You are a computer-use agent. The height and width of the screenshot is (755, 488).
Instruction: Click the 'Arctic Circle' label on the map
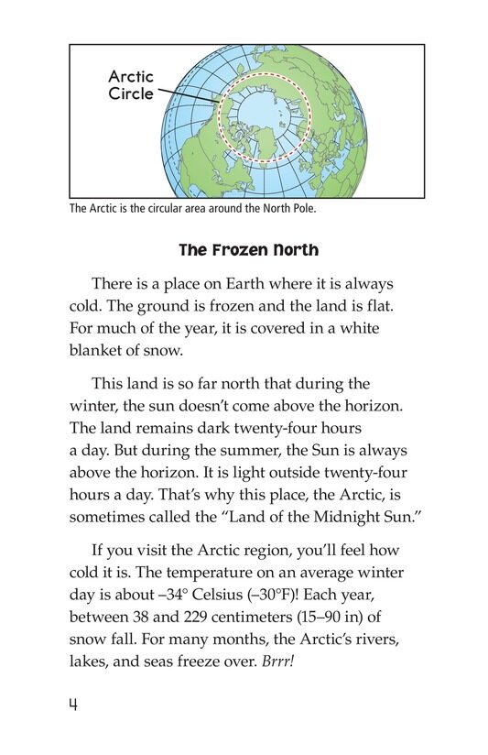point(131,84)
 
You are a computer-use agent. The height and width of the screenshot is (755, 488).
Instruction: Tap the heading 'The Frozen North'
point(244,250)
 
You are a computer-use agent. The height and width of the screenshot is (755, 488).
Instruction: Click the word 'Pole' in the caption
point(300,209)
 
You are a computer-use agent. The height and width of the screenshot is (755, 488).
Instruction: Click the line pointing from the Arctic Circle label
point(188,98)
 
